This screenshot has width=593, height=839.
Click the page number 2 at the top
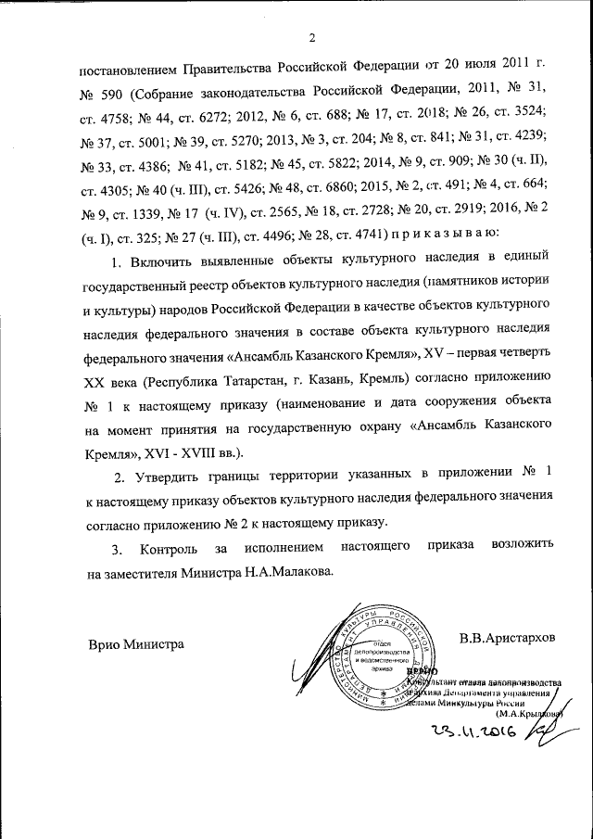(x=312, y=38)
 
